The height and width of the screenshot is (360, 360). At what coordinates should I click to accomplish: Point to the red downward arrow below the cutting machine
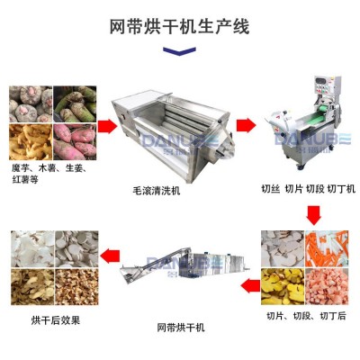coord(313,213)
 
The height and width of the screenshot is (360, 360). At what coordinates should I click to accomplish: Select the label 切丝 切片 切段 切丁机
coord(308,189)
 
